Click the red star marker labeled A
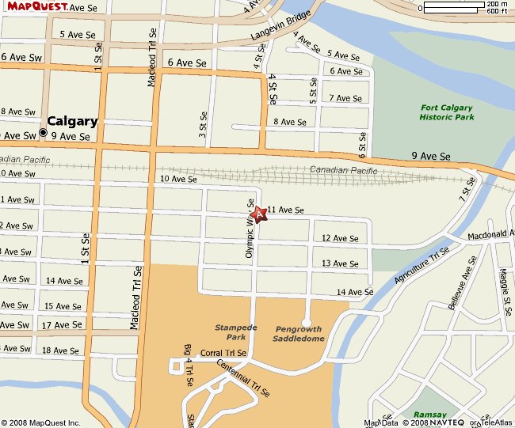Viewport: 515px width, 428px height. (x=258, y=214)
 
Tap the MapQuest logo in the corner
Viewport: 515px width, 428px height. (x=32, y=6)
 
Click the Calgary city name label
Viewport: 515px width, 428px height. (x=72, y=121)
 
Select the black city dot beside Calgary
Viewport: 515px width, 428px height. (x=43, y=132)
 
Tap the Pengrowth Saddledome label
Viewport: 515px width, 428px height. (x=299, y=333)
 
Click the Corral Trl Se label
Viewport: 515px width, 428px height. (x=223, y=353)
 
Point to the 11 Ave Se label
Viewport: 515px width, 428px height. (x=286, y=210)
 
